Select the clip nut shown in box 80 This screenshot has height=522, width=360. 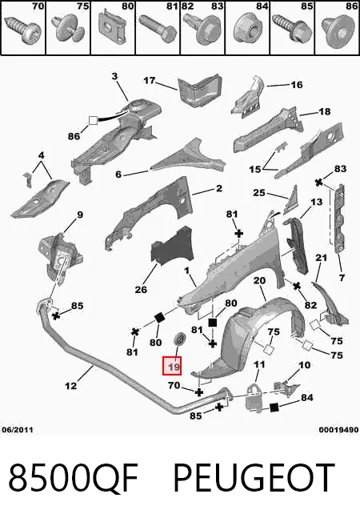tap(112, 27)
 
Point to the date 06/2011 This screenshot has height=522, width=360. tap(18, 429)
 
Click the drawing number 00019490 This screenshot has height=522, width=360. tap(338, 430)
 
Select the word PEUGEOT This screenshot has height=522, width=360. tap(254, 478)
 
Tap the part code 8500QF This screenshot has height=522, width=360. tap(73, 478)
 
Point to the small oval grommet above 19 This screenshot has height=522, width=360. tap(179, 339)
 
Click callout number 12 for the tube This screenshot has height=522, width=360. tap(70, 386)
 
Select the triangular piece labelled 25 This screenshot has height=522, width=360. tap(290, 200)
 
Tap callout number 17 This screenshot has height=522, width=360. tap(150, 81)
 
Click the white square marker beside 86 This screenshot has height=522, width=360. tap(93, 120)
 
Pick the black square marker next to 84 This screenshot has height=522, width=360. tap(274, 408)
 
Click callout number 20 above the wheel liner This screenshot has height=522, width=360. tap(259, 280)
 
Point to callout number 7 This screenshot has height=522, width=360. tap(342, 277)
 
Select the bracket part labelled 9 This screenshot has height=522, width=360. tap(60, 259)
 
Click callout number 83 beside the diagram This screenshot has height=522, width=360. tap(340, 169)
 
